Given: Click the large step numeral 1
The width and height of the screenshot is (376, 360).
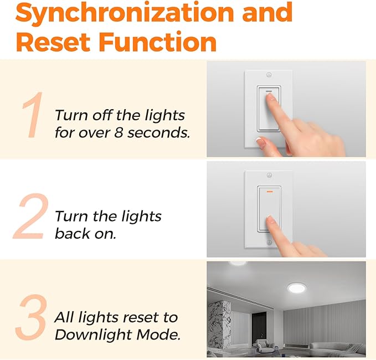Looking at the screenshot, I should coord(33,116).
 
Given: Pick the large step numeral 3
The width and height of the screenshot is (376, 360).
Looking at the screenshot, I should coord(31,318).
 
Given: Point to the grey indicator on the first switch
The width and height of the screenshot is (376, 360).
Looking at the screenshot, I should coord(268,92).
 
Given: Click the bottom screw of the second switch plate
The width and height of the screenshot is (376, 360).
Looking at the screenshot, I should coord(269,243).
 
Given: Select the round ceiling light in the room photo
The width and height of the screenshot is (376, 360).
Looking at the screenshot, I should coord(296,289).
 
